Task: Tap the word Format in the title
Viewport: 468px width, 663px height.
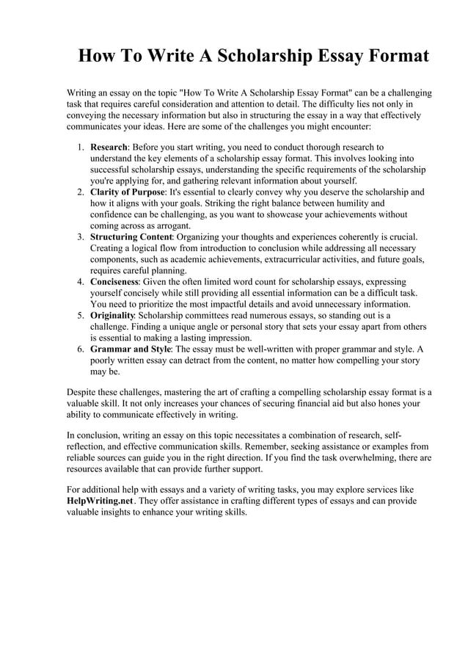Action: [x=393, y=57]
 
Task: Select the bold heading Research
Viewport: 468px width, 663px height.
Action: [x=109, y=147]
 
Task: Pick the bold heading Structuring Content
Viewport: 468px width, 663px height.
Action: [x=131, y=237]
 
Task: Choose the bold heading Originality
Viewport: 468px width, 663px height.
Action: [x=112, y=316]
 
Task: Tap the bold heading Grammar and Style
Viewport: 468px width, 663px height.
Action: [x=131, y=349]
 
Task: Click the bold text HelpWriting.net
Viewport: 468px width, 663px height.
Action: [x=100, y=501]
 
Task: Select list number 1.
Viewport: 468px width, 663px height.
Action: [x=81, y=147]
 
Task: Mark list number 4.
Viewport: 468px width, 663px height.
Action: [x=81, y=282]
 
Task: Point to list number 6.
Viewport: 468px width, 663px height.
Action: [x=81, y=349]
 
